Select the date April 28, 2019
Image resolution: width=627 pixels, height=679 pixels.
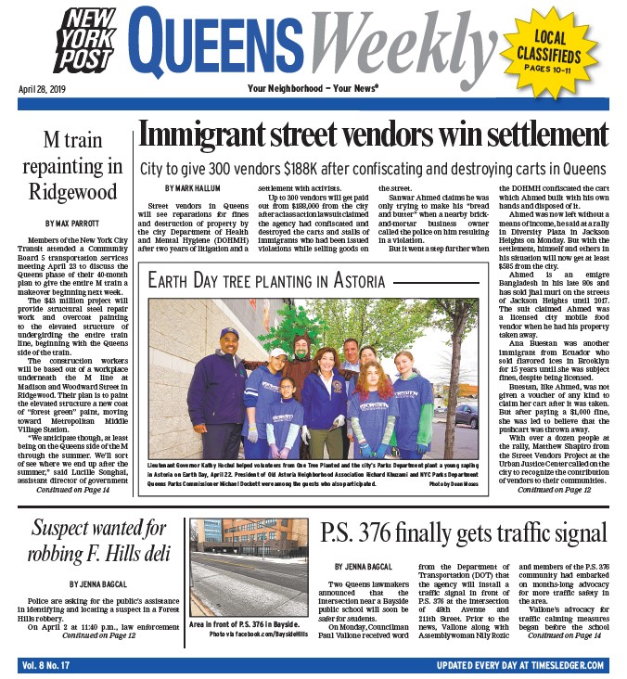pos(42,89)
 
